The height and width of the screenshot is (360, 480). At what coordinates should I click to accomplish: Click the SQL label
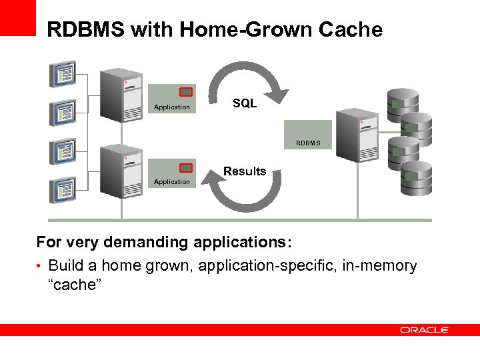245,103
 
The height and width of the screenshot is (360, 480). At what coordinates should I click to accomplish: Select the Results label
245,171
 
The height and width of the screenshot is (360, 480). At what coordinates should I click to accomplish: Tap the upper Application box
172,99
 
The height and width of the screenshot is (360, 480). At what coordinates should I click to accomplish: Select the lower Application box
172,174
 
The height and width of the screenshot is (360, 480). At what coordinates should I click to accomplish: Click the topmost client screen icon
63,74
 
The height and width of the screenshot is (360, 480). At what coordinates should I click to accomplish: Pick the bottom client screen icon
63,189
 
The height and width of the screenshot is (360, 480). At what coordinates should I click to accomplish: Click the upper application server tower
121,97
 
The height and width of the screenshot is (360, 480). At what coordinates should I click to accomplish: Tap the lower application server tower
121,172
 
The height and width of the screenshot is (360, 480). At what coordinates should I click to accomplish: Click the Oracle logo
425,330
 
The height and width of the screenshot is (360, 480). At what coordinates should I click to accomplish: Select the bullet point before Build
40,267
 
